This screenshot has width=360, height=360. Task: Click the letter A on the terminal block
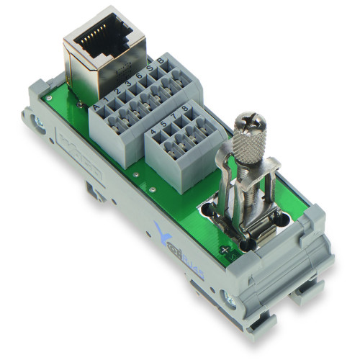pos(96,107)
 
